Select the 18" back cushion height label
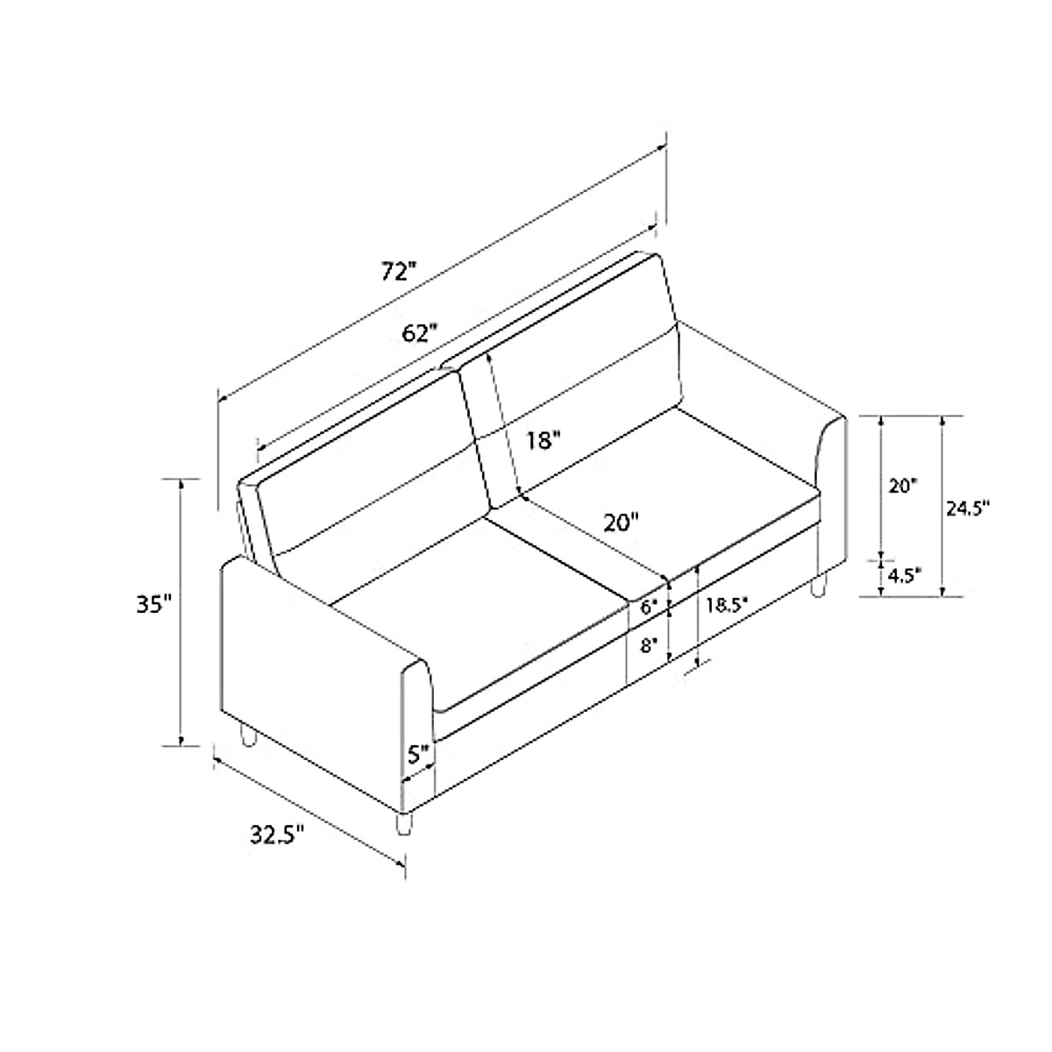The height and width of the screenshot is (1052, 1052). pos(543,440)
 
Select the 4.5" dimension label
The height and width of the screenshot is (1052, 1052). pos(903,575)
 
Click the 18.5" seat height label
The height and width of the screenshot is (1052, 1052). pos(730,604)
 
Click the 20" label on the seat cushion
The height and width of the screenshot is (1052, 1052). pos(622,522)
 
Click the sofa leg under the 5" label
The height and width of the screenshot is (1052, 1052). pos(403,825)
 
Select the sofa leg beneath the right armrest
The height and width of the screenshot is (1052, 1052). pos(819,586)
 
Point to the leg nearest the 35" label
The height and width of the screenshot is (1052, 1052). pos(248,736)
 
